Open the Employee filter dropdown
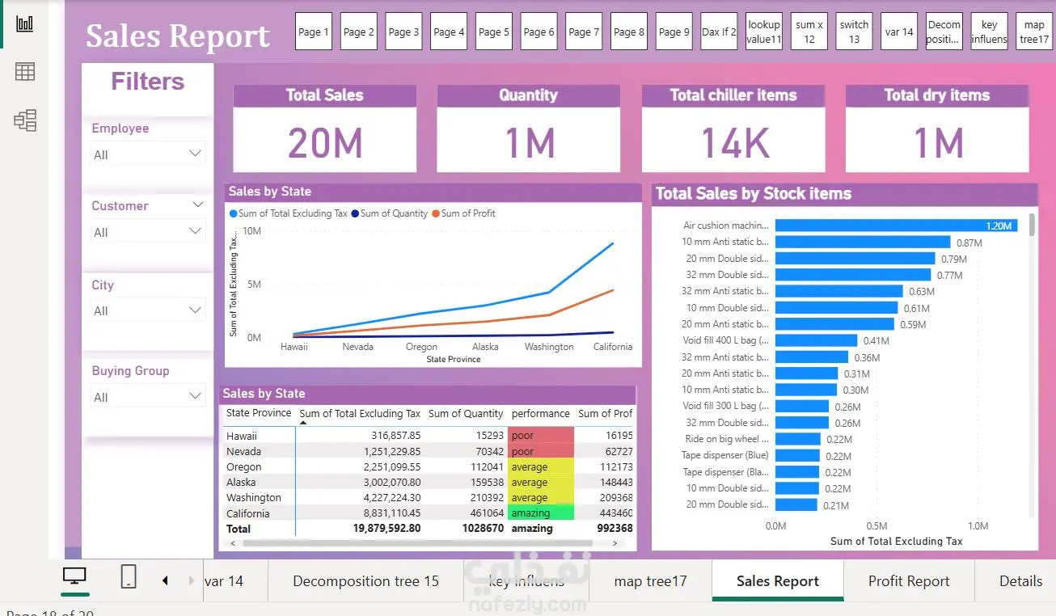(147, 154)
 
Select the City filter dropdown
(147, 310)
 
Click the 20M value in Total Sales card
(325, 144)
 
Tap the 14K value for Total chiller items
(733, 144)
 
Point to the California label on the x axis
(612, 347)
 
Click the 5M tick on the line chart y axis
(252, 285)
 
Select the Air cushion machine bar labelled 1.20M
(896, 226)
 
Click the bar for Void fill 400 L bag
(816, 340)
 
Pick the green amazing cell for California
(540, 513)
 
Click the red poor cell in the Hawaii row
(540, 436)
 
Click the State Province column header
(259, 413)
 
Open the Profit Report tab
(909, 581)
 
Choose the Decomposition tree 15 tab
(365, 581)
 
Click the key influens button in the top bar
(989, 32)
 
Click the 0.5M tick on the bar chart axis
(876, 526)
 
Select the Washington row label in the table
(254, 498)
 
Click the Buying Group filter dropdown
(147, 397)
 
